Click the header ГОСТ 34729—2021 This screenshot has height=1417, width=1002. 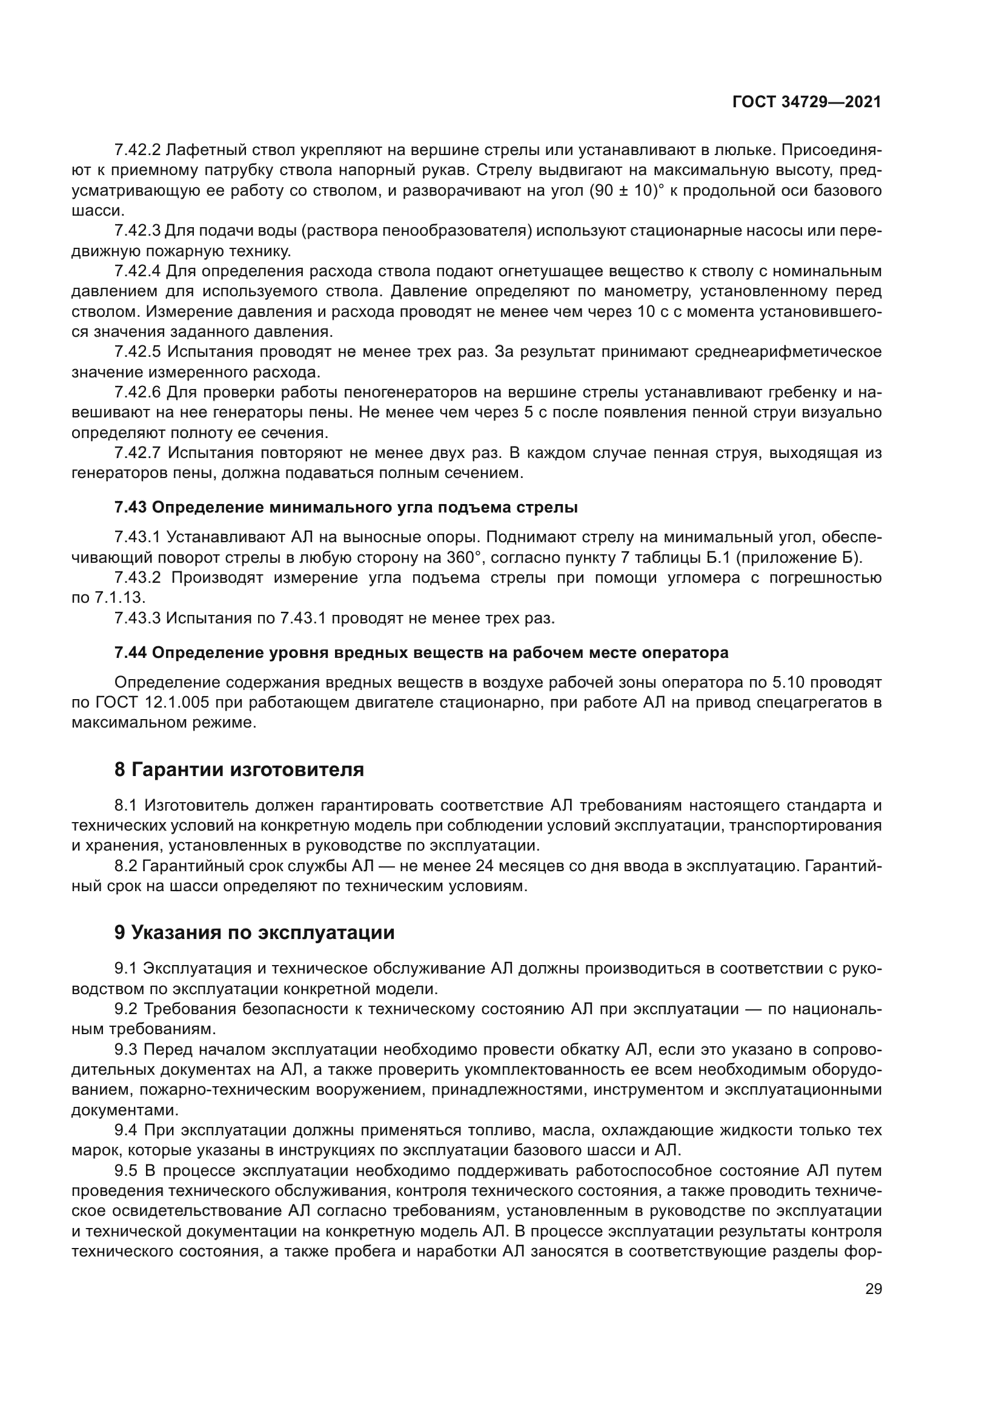pos(806,102)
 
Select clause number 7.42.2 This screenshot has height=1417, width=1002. pos(137,150)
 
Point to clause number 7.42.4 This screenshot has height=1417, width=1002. pos(137,271)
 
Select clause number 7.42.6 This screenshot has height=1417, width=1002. pos(137,392)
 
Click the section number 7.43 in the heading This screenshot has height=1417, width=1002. pos(130,507)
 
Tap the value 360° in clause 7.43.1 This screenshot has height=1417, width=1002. pos(463,558)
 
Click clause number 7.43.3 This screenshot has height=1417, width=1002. pos(137,619)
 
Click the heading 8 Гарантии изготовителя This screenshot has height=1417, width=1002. pos(239,769)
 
